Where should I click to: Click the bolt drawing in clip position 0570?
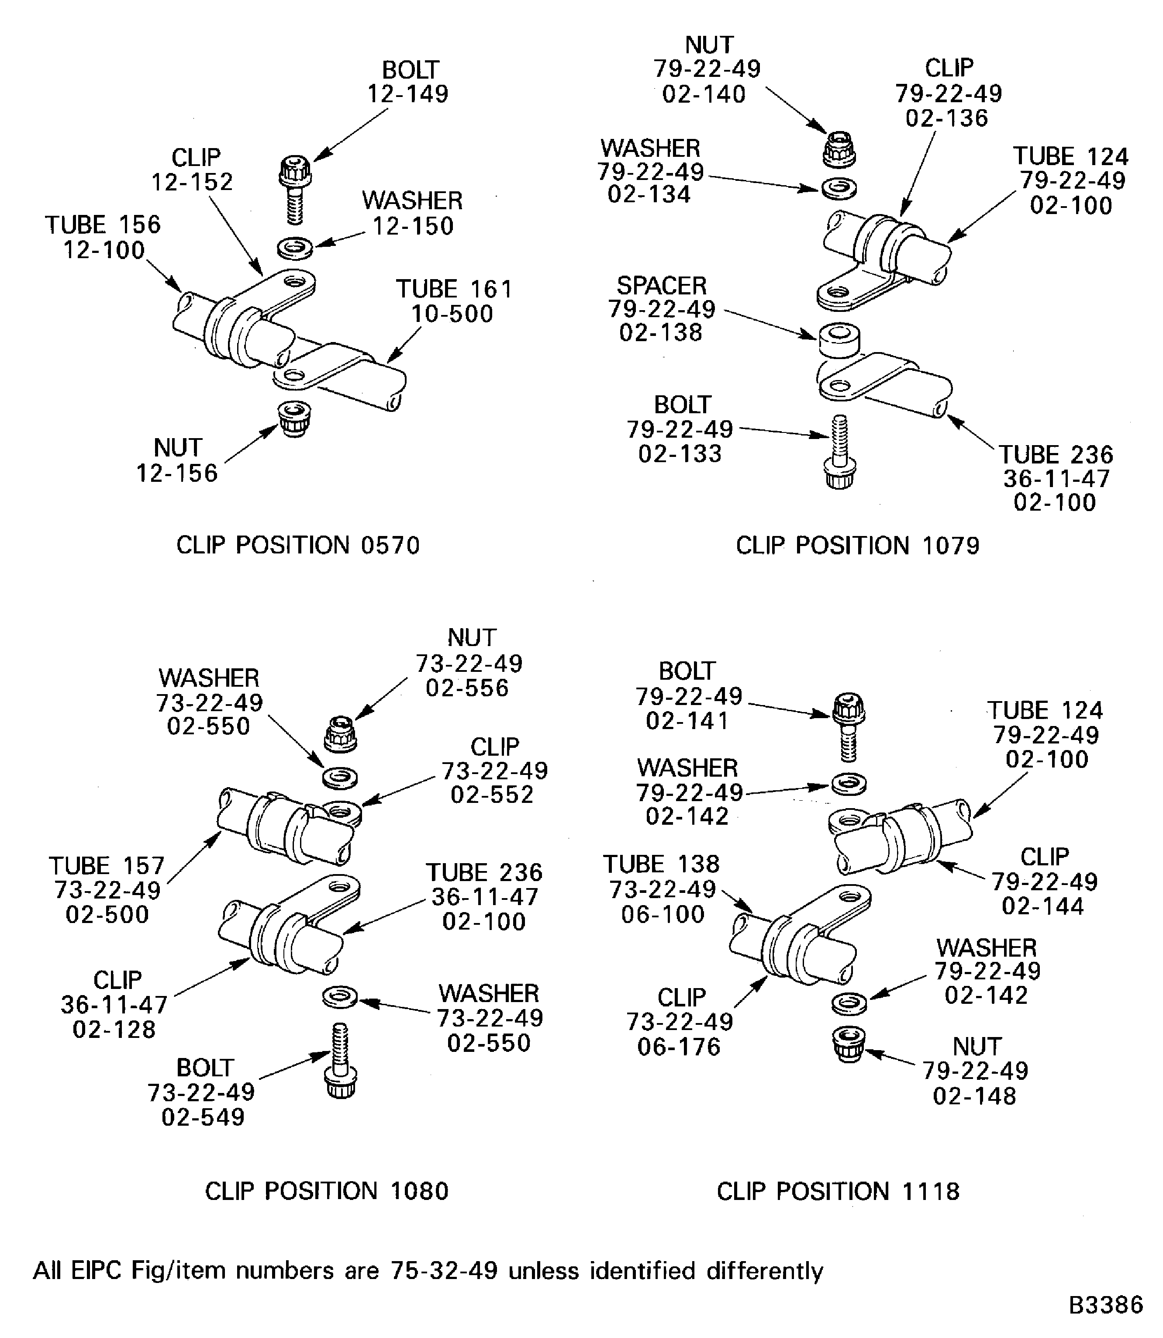pos(295,188)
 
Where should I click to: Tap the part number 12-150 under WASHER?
pos(413,226)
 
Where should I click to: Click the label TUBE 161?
pos(454,289)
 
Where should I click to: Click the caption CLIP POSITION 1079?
pos(857,545)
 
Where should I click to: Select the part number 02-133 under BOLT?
pos(680,453)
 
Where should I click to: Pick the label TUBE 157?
pos(107,865)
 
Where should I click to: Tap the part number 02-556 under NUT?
pos(467,688)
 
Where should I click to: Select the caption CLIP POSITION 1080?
pos(326,1191)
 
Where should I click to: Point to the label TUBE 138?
pos(661,864)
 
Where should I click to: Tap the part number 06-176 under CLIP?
pos(679,1047)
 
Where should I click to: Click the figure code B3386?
pos(1105,1305)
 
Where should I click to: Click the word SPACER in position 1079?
pos(661,286)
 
